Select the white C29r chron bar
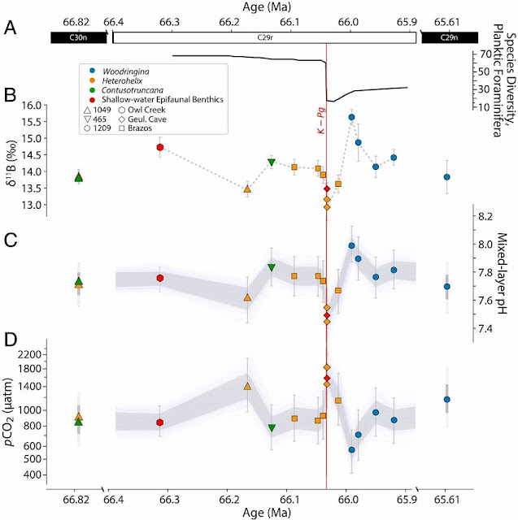click(264, 37)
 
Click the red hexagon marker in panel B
click(161, 147)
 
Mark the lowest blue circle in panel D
click(351, 449)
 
